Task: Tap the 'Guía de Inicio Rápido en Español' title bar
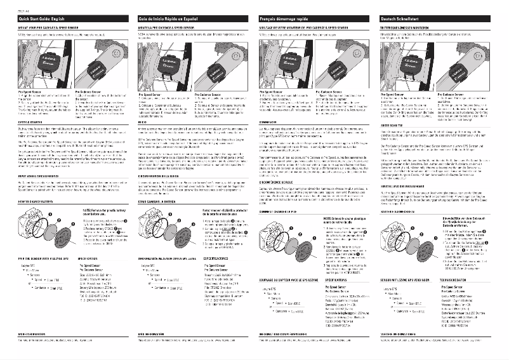[x=189, y=20]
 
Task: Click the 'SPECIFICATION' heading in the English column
[x=79, y=260]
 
